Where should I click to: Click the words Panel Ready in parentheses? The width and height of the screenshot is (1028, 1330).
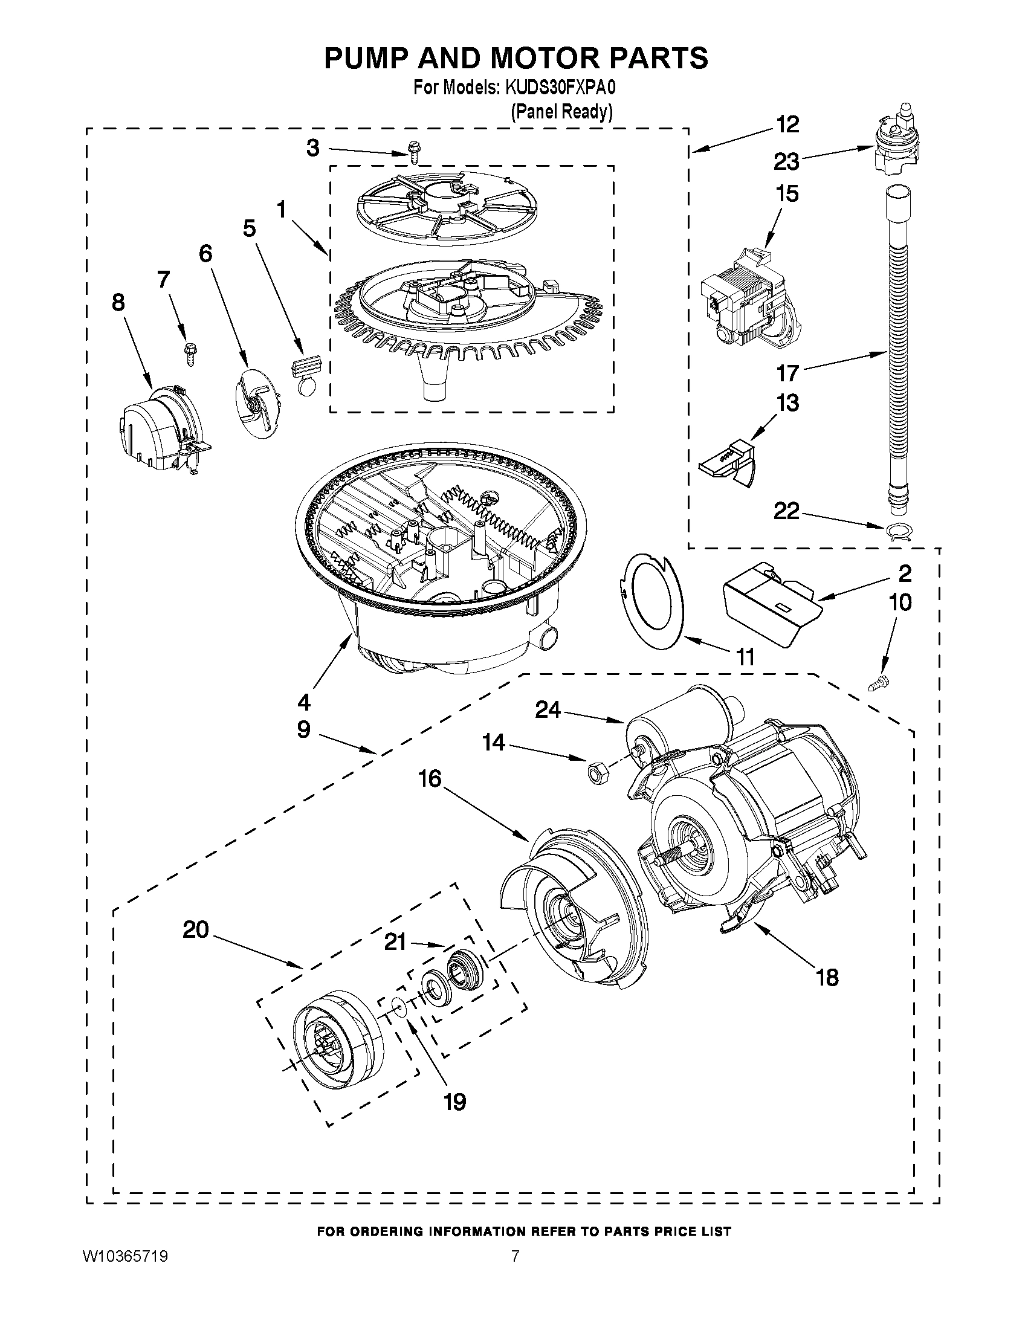[561, 111]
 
